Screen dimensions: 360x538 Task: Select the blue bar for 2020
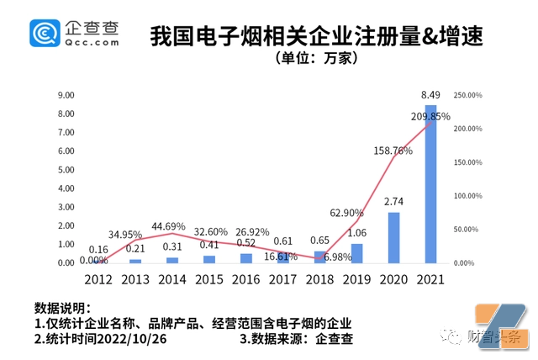point(394,237)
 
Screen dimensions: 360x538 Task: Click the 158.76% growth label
point(393,151)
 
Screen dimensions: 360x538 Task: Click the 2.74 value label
point(394,202)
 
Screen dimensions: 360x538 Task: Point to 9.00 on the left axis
point(66,95)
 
